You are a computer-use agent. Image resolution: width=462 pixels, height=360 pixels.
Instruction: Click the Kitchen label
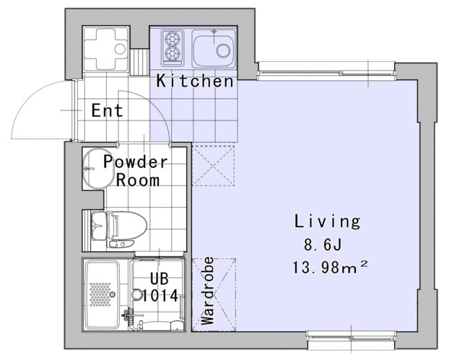click(195, 81)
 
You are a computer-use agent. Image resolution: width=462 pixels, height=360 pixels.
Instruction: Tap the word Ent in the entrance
click(108, 110)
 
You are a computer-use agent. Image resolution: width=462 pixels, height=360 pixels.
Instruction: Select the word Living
click(327, 222)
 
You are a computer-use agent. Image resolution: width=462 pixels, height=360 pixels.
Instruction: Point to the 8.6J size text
click(323, 245)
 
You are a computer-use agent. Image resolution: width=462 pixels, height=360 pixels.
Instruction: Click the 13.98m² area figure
click(330, 267)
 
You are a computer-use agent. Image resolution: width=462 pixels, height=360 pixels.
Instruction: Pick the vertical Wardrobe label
click(208, 291)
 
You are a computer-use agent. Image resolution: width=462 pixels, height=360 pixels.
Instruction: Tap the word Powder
click(136, 162)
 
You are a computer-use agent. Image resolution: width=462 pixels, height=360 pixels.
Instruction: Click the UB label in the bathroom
click(160, 278)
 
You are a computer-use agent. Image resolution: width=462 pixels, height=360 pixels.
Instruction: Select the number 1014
click(160, 296)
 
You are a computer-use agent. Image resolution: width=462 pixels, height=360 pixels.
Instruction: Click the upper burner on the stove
click(173, 39)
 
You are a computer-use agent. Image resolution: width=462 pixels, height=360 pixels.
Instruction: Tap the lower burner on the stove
click(173, 53)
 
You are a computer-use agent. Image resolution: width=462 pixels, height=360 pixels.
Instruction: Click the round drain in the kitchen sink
click(223, 51)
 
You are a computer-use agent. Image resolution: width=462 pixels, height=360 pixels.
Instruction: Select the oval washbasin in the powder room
click(97, 168)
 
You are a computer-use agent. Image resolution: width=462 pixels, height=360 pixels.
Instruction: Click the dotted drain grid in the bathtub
click(100, 294)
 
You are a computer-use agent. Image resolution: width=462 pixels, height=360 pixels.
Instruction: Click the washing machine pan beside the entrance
click(106, 48)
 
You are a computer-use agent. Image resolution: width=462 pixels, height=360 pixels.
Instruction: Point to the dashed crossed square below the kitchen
click(214, 166)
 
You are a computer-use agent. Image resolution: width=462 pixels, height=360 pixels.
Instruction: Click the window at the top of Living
click(326, 71)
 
